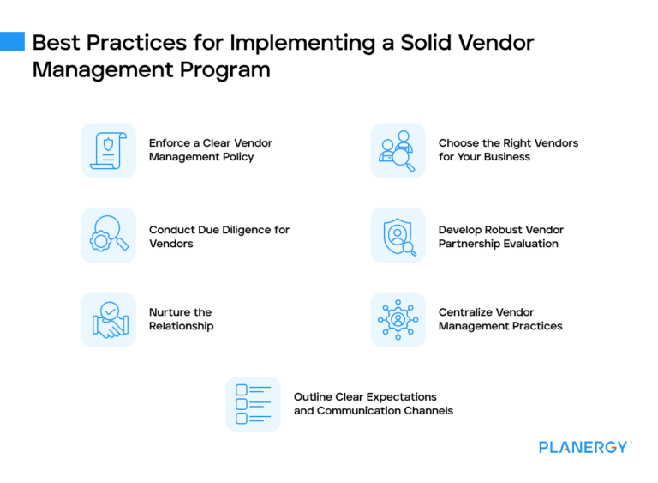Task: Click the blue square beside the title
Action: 12,41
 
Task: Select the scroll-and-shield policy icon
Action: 109,150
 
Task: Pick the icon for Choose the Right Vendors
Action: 398,150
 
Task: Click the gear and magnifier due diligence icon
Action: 109,235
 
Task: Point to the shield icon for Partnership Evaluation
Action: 398,235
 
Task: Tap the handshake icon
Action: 109,319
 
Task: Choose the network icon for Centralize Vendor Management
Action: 398,319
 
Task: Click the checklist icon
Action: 253,404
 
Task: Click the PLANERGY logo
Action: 585,447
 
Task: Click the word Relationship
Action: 182,326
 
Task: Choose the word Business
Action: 507,156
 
